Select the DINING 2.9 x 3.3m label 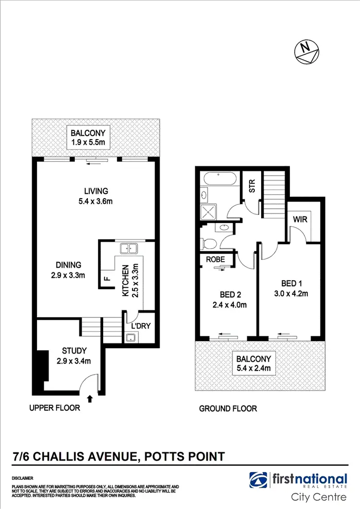click(x=68, y=270)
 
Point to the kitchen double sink click(x=128, y=248)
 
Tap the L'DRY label click(x=141, y=326)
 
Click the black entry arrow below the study click(x=90, y=398)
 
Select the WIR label click(x=300, y=220)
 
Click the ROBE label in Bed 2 click(x=216, y=259)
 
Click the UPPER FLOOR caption click(x=54, y=408)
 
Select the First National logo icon click(x=259, y=480)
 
